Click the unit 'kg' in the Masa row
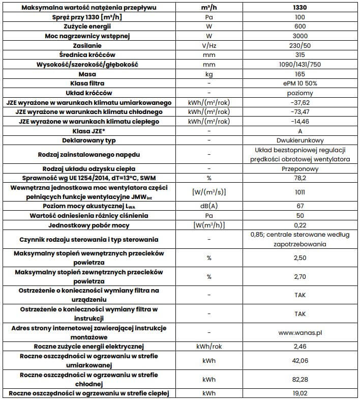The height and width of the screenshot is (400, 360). [208, 74]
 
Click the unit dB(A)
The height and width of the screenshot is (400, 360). [208, 206]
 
